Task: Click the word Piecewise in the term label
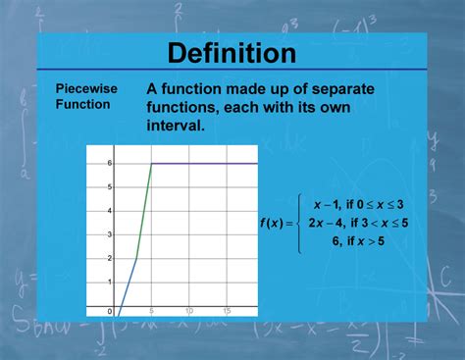[86, 88]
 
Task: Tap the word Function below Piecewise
[82, 105]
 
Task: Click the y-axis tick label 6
[110, 163]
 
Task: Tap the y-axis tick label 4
[110, 211]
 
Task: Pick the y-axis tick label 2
[110, 259]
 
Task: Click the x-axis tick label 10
[189, 311]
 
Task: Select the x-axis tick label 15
[227, 311]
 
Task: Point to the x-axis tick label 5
[152, 311]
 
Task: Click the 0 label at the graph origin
[110, 311]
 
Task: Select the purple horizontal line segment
[206, 163]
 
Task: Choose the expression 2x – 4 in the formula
[326, 223]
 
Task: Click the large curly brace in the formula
[301, 223]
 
